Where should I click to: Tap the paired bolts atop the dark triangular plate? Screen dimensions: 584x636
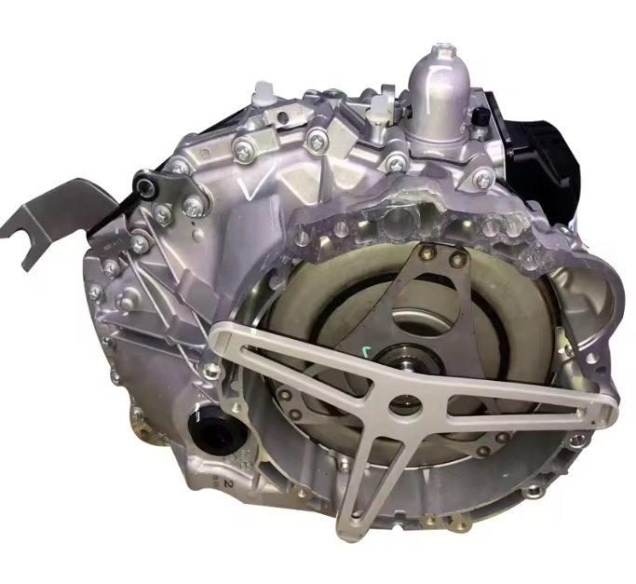click(x=442, y=254)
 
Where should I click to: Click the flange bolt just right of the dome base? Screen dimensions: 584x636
click(x=480, y=177)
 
